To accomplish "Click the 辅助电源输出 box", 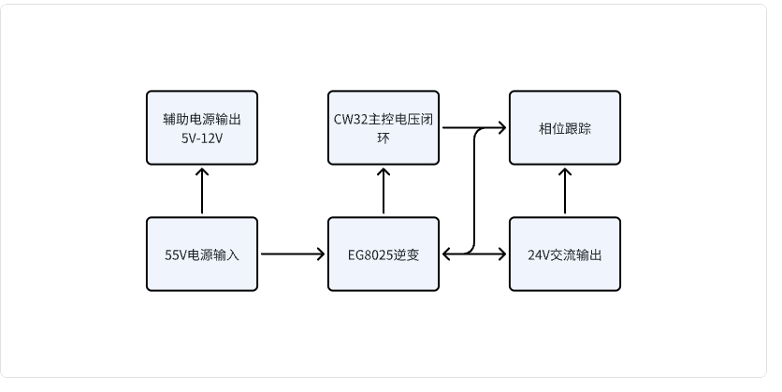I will pyautogui.click(x=202, y=128).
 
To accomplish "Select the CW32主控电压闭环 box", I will pyautogui.click(x=384, y=128).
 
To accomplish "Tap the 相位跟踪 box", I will pyautogui.click(x=564, y=128).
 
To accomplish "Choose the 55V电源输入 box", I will pyautogui.click(x=202, y=254).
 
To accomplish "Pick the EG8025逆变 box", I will pyautogui.click(x=384, y=254).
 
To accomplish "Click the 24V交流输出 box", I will pyautogui.click(x=564, y=254).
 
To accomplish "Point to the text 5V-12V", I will pyautogui.click(x=202, y=138).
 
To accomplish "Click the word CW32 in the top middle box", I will pyautogui.click(x=350, y=119).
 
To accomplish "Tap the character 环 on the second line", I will pyautogui.click(x=384, y=138).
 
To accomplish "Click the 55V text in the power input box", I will pyautogui.click(x=175, y=254).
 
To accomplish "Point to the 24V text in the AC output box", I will pyautogui.click(x=538, y=254).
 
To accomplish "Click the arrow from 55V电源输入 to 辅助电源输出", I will pyautogui.click(x=202, y=192).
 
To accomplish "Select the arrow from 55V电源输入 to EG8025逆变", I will pyautogui.click(x=292, y=254).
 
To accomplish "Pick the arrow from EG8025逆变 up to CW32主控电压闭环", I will pyautogui.click(x=384, y=192).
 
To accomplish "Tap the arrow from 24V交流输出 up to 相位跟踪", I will pyautogui.click(x=564, y=192).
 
